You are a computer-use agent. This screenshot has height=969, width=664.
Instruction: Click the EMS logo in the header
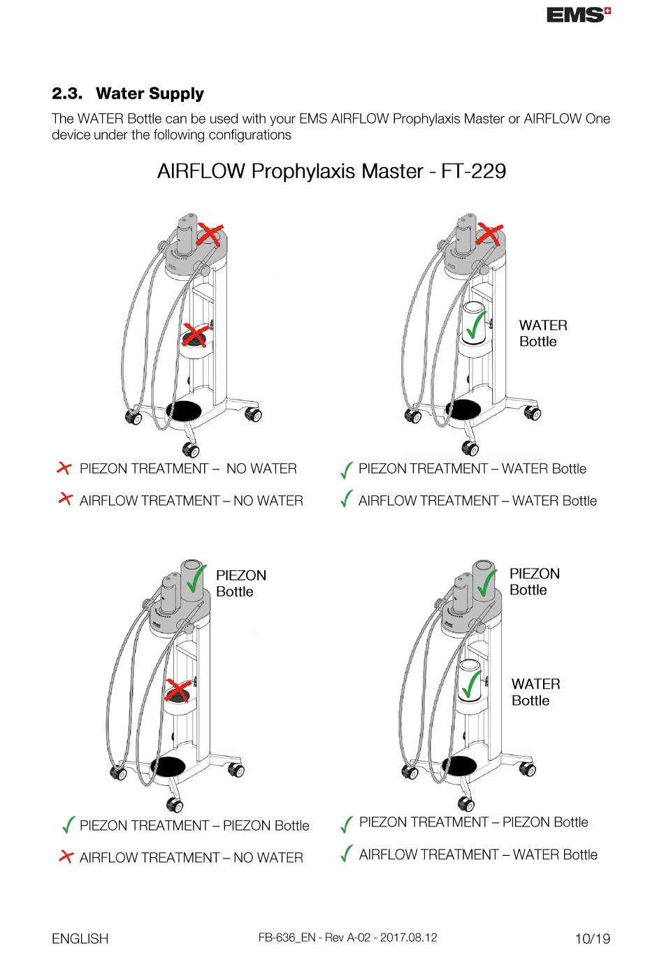coord(578,15)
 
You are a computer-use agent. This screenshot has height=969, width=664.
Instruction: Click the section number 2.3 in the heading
coord(67,94)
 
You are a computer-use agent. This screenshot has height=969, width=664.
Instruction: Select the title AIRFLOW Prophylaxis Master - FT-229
coord(331,171)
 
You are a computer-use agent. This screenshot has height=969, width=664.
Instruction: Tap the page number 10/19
coord(592,938)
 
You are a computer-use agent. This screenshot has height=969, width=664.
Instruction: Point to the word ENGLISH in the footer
coord(80,939)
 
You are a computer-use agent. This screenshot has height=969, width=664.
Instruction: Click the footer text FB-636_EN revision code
coord(347,938)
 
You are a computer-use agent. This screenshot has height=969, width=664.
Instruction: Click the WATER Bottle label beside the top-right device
coord(542,333)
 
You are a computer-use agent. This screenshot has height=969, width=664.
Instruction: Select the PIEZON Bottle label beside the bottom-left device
coord(240,583)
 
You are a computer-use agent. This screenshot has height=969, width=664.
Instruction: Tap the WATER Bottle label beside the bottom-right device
coord(535,692)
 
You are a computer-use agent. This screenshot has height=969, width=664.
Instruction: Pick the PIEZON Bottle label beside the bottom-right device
coord(534,582)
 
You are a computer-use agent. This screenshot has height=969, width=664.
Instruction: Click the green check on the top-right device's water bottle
coord(476,324)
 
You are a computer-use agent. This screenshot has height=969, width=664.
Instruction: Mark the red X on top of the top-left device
coord(209,234)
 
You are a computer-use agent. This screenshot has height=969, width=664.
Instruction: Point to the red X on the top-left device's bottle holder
coord(195,335)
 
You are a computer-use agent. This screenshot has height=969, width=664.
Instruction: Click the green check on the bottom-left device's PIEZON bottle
coord(196,578)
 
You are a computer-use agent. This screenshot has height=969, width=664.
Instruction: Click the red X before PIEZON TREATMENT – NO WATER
coord(64,468)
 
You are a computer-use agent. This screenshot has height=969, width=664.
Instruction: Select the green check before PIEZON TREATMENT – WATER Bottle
coord(346,470)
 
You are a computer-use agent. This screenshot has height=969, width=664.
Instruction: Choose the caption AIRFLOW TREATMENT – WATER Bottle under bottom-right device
coord(478,854)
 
